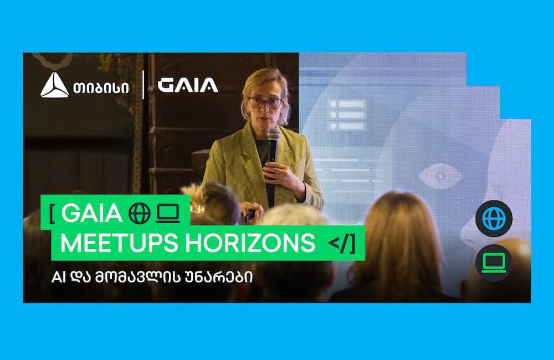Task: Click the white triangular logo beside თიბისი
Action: pyautogui.click(x=54, y=85)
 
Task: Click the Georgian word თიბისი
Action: pyautogui.click(x=101, y=88)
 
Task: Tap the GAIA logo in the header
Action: pyautogui.click(x=188, y=85)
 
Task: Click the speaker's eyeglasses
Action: pyautogui.click(x=266, y=102)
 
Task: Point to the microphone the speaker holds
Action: pyautogui.click(x=273, y=145)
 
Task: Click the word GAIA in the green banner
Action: pyautogui.click(x=92, y=213)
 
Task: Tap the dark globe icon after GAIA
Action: pyautogui.click(x=140, y=213)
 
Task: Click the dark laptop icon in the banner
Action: pyautogui.click(x=168, y=214)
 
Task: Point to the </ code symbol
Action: pyautogui.click(x=338, y=243)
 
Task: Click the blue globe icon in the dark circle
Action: pyautogui.click(x=494, y=219)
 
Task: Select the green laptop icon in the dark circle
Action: pyautogui.click(x=494, y=263)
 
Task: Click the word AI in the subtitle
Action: pyautogui.click(x=59, y=277)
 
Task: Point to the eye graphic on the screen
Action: pyautogui.click(x=440, y=176)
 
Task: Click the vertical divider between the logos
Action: pyautogui.click(x=143, y=85)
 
